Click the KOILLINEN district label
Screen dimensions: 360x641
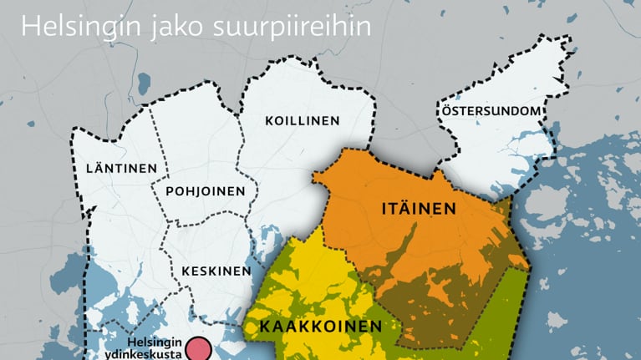(303, 120)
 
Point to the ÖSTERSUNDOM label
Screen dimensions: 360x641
(492, 111)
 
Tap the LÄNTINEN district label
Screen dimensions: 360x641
(121, 169)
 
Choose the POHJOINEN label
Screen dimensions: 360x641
(205, 190)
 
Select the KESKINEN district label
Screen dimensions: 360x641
(216, 271)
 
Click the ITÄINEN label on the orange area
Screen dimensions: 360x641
(420, 209)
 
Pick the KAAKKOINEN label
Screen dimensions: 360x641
(321, 326)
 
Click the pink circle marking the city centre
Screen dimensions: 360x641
(198, 349)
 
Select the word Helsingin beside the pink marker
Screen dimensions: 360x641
(154, 342)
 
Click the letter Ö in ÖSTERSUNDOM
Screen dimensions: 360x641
(445, 110)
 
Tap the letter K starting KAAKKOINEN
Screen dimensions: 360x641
(264, 326)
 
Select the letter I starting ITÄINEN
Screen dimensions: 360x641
(385, 209)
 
